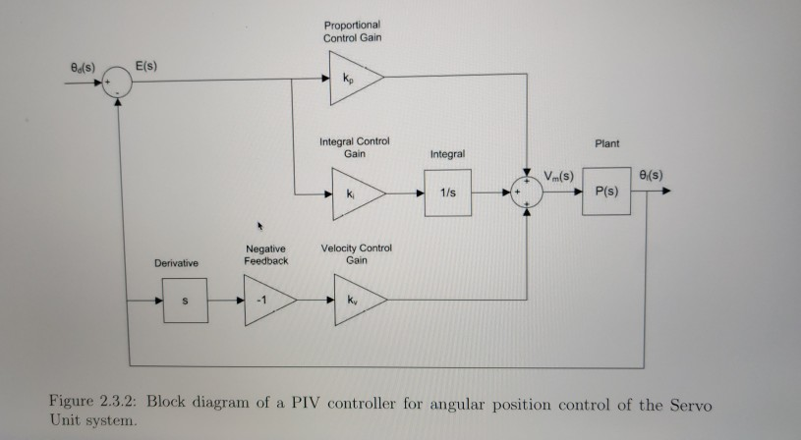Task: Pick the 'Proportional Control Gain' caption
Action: coord(351,30)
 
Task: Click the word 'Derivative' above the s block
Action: coord(176,264)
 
